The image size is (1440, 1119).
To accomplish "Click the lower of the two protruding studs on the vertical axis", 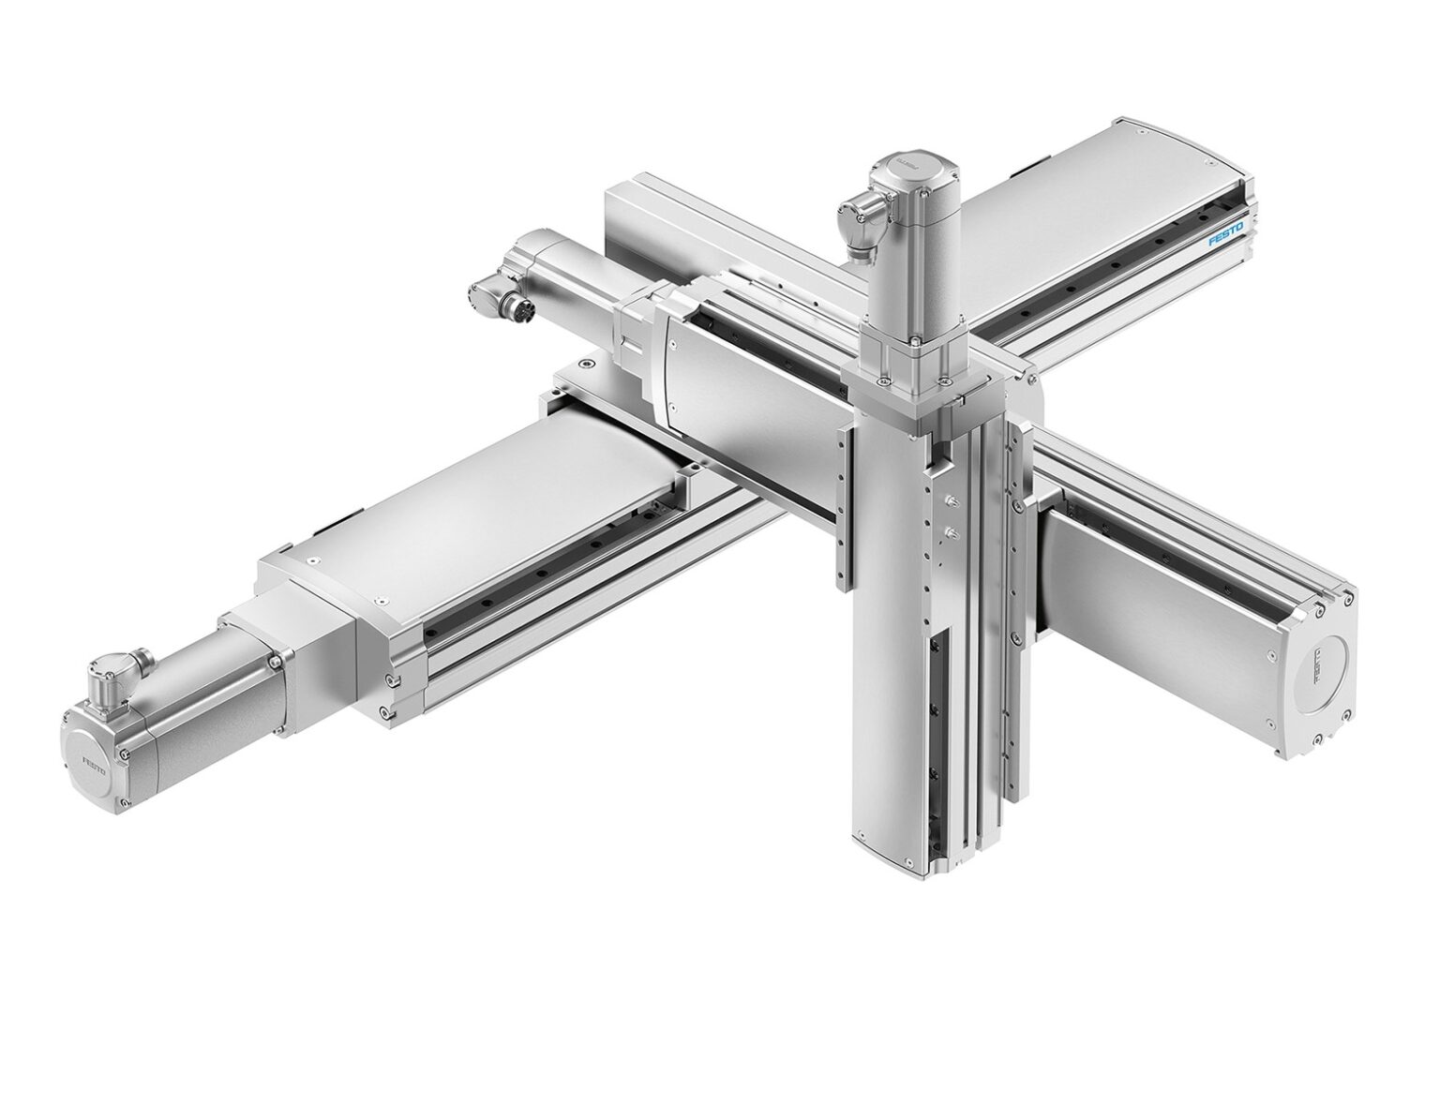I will [x=951, y=533].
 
